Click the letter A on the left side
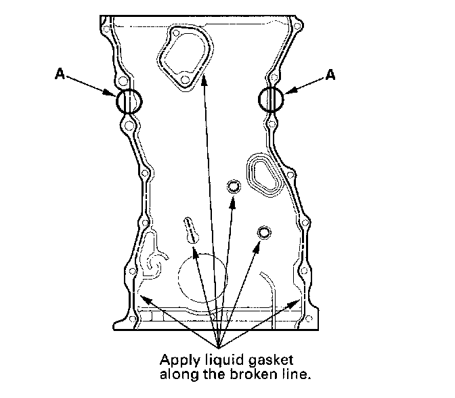click(59, 75)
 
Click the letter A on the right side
click(330, 75)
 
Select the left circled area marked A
click(129, 102)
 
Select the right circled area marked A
click(272, 100)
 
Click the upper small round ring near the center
click(234, 187)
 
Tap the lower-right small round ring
click(263, 233)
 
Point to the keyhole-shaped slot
click(191, 229)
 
